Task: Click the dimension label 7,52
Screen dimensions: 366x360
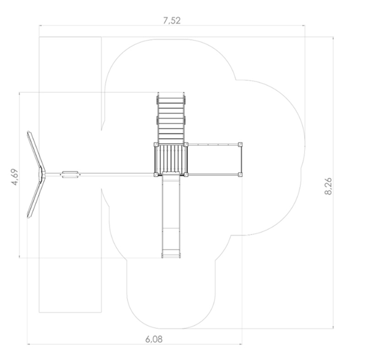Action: pos(172,21)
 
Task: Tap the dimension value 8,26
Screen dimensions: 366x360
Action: pos(328,186)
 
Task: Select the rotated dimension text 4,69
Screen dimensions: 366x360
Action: pos(15,177)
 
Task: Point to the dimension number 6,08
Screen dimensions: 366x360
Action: pos(154,339)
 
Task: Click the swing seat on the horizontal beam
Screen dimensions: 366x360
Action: pos(70,175)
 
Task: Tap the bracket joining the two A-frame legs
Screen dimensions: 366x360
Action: pos(42,175)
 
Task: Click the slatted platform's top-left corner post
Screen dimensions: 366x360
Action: pos(156,145)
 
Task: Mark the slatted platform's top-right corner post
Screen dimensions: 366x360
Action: pos(186,145)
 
